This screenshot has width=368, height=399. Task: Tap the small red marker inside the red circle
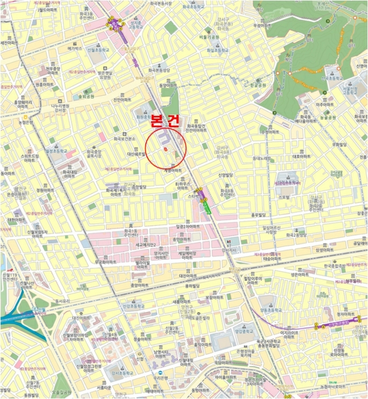165,149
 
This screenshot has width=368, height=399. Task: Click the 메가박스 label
75,48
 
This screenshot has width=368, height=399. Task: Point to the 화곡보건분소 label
124,139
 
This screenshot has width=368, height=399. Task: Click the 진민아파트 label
122,99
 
